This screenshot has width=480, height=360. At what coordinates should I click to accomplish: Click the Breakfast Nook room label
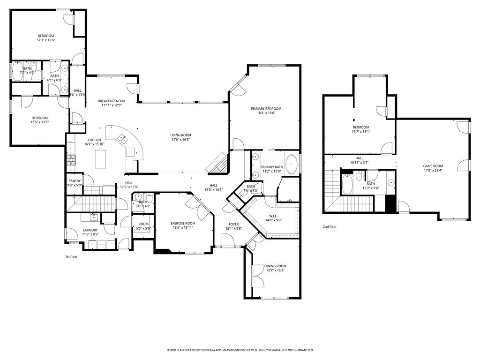(112, 101)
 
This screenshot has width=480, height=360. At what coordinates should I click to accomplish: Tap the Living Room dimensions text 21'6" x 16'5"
(180, 140)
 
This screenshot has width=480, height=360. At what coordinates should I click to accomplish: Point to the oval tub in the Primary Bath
(291, 165)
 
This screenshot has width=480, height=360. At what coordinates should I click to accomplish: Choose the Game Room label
(433, 166)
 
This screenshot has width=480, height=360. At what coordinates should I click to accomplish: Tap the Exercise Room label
(182, 223)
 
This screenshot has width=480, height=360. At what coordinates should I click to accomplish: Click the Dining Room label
(275, 266)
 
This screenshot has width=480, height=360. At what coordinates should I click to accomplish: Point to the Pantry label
(75, 181)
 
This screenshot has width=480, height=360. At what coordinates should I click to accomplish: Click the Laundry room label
(90, 230)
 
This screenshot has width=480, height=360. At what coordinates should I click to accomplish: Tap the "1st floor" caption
(72, 256)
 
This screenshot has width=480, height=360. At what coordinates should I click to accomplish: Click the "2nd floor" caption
(330, 226)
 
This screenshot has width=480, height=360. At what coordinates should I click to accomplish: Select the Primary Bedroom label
(269, 108)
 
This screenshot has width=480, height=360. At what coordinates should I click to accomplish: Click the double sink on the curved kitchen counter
(123, 138)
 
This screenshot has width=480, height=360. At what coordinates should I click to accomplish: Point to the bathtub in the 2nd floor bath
(347, 184)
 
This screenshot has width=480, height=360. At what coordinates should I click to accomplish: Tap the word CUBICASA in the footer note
(209, 350)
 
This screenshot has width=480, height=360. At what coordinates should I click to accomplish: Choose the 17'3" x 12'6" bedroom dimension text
(46, 40)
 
